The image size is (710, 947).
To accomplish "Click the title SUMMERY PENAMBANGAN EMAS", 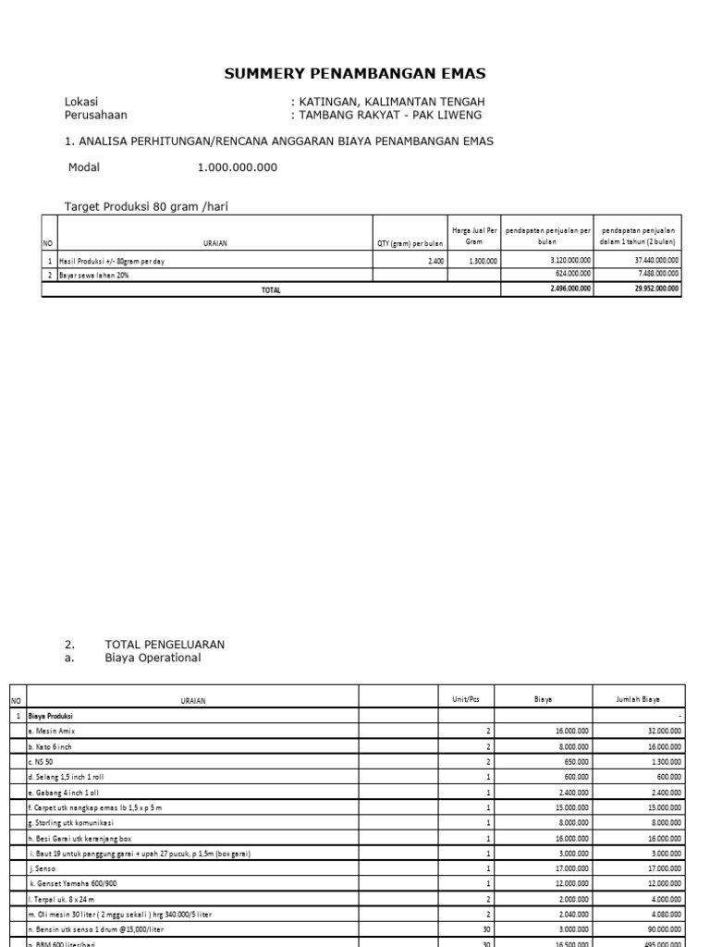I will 355,74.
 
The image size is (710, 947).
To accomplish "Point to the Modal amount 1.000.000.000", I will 237,168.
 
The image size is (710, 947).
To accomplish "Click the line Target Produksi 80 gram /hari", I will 145,207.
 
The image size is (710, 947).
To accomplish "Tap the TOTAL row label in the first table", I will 271,289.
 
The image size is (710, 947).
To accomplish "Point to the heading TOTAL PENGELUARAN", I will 165,644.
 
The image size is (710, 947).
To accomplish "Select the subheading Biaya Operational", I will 153,658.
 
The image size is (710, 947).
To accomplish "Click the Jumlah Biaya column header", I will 637,700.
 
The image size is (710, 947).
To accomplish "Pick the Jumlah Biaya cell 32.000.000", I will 660,731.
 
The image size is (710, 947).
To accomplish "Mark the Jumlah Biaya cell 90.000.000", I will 660,929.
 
